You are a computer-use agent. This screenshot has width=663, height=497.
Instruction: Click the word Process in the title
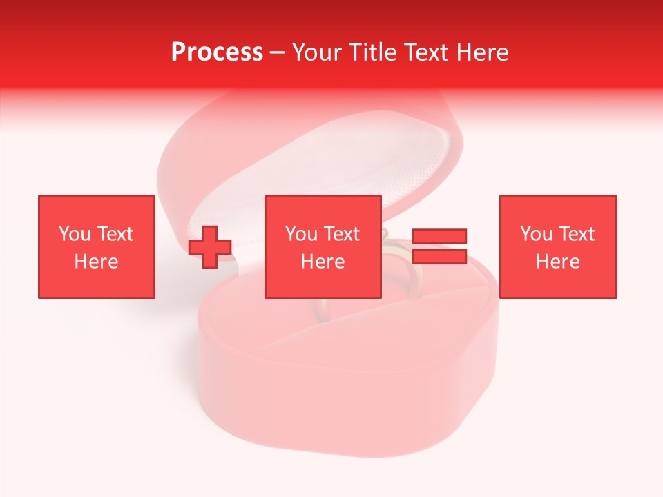click(x=217, y=52)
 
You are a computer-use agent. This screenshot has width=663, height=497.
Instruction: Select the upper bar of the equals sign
click(x=439, y=236)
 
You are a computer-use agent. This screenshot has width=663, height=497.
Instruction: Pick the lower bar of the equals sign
click(x=439, y=257)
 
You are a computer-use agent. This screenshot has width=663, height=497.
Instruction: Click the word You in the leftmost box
click(x=75, y=234)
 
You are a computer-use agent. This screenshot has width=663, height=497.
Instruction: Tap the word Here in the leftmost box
click(x=96, y=262)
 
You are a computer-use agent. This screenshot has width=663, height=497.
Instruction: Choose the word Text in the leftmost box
click(x=114, y=234)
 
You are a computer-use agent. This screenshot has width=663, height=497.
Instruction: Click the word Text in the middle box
click(x=341, y=234)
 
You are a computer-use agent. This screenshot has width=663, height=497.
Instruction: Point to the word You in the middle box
click(x=302, y=234)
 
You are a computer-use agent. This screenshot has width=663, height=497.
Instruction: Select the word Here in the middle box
click(x=323, y=262)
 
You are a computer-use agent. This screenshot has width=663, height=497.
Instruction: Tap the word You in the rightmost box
click(x=537, y=234)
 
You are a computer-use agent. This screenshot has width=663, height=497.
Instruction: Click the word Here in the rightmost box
click(x=558, y=262)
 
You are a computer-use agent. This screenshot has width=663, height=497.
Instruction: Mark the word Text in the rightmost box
click(x=576, y=234)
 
